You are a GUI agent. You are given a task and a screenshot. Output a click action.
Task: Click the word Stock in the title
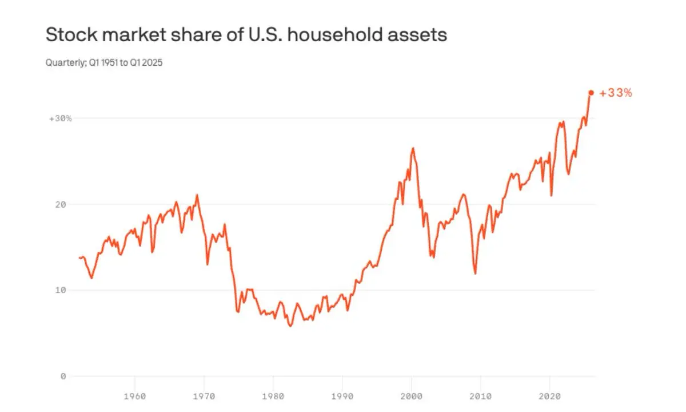tap(71, 34)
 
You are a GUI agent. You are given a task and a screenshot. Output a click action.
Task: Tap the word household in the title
tap(335, 34)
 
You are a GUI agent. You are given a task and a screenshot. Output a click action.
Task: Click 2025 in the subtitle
tap(152, 62)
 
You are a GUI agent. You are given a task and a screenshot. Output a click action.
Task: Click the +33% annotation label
tap(616, 93)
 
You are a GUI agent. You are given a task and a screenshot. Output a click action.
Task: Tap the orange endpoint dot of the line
tap(591, 93)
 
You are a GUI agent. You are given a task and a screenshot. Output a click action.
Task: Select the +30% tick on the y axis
tap(61, 118)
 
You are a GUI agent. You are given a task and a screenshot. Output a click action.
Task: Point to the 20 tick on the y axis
tap(61, 204)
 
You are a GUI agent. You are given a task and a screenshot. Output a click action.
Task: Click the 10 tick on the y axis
tap(61, 290)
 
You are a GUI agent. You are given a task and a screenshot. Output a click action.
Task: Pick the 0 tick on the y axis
tap(63, 376)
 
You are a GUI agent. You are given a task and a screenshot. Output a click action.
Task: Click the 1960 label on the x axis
tap(134, 397)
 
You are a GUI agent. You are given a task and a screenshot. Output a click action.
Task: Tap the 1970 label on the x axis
tap(204, 397)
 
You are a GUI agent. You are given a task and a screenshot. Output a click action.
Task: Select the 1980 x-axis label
tap(273, 397)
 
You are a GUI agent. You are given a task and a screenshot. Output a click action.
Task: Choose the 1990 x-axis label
tap(342, 397)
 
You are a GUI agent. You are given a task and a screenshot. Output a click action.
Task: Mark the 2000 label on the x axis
tap(411, 397)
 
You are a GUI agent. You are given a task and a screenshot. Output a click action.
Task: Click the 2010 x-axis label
tap(481, 397)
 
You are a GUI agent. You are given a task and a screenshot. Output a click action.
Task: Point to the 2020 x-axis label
tap(550, 397)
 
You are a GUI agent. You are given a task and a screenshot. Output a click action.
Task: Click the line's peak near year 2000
tap(413, 148)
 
